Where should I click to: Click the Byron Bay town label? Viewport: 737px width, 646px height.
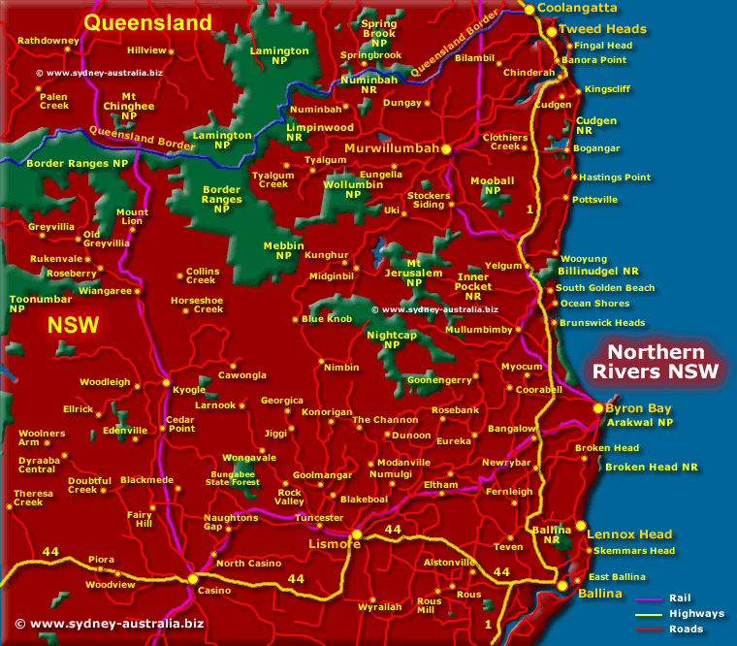point(638,408)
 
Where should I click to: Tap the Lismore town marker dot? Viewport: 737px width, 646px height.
point(357,534)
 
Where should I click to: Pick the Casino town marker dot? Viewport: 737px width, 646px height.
point(193,579)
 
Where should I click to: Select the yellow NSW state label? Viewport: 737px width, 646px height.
point(74,325)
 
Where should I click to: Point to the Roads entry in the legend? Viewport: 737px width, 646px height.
point(686,628)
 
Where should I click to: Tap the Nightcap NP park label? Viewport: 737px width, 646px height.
point(391,339)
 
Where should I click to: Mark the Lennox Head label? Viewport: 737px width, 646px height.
point(628,534)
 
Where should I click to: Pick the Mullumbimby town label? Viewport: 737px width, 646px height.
point(477,330)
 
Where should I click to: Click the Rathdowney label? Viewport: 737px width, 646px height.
point(48,41)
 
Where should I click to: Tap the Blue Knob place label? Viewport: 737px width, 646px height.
point(327,319)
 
